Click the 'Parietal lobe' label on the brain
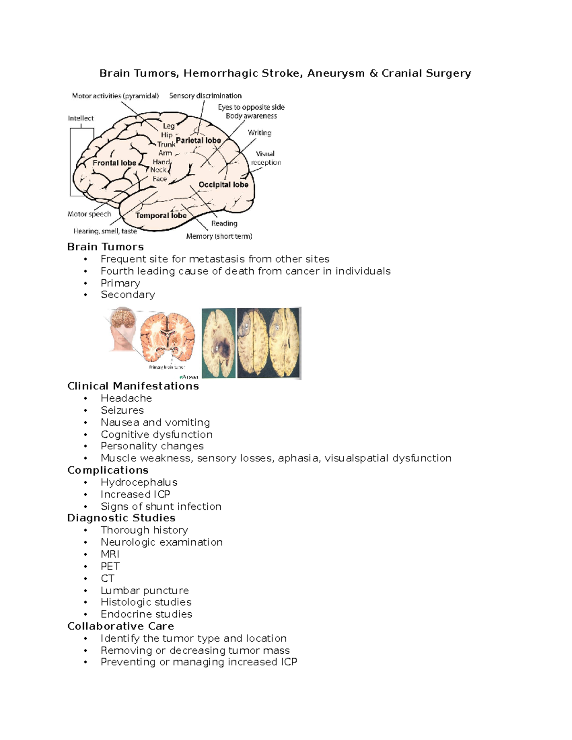coord(198,141)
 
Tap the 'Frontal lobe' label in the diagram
coord(114,163)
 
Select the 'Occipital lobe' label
coord(223,185)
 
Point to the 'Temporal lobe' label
coord(161,215)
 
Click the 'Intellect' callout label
coord(81,118)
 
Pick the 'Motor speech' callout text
coord(89,214)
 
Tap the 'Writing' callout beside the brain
coord(259,133)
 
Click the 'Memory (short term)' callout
coord(219,236)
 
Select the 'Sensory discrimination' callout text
coord(205,96)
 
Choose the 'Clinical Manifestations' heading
coord(133,386)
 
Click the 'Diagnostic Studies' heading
coord(121,518)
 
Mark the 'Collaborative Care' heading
coord(121,626)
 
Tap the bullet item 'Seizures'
coord(122,410)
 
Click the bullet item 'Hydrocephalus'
coord(139,482)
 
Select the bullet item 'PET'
coord(110,566)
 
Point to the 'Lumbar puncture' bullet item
coord(144,590)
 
